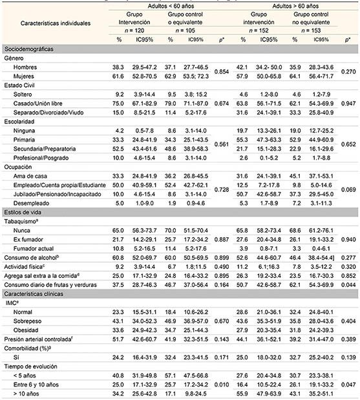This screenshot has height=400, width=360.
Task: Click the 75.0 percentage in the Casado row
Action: point(119,102)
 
